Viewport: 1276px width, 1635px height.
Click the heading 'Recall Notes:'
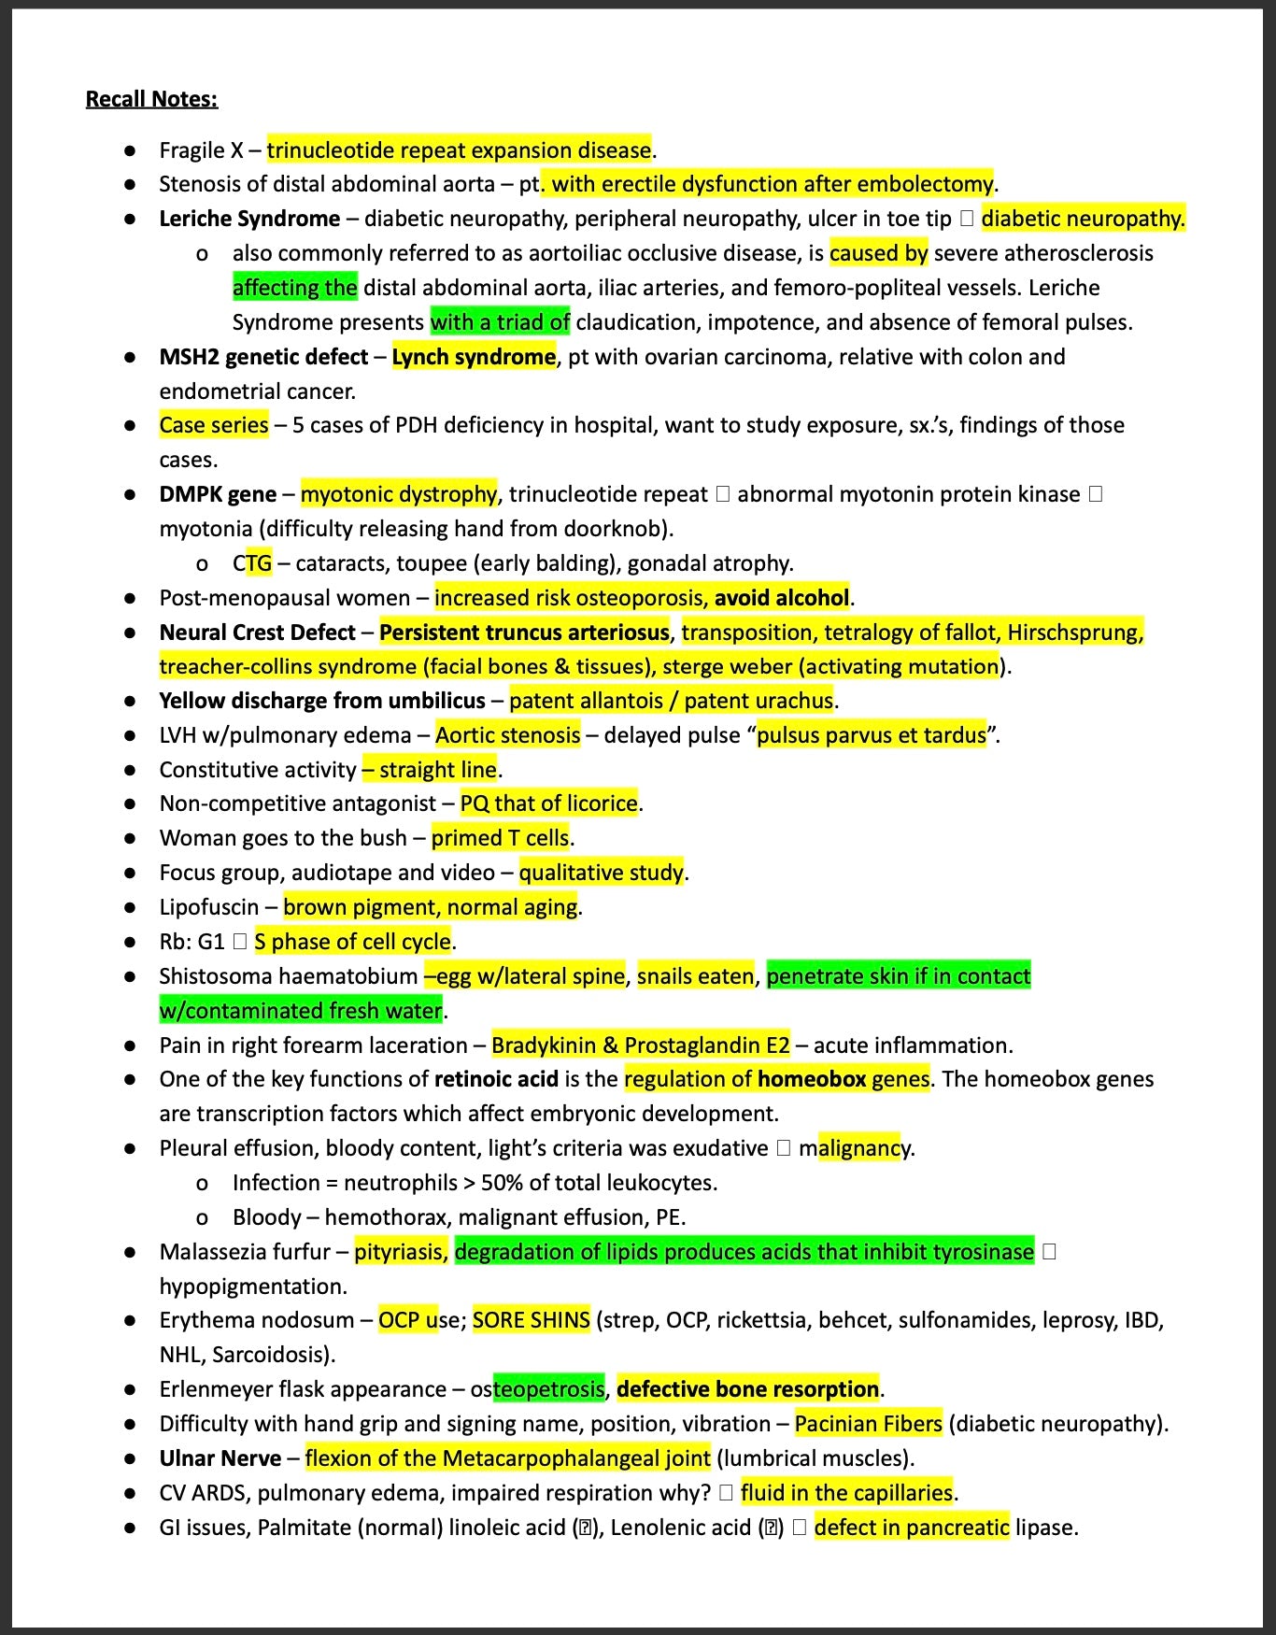pyautogui.click(x=151, y=99)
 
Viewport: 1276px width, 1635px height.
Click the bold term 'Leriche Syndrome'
pyautogui.click(x=249, y=219)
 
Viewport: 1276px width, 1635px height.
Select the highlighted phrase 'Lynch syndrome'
pyautogui.click(x=474, y=357)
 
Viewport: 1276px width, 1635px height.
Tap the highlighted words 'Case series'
pyautogui.click(x=214, y=425)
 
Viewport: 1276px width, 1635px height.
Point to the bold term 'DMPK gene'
pyautogui.click(x=218, y=494)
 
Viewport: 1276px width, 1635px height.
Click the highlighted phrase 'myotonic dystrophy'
pyautogui.click(x=399, y=494)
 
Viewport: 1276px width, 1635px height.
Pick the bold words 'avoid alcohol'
pyautogui.click(x=782, y=598)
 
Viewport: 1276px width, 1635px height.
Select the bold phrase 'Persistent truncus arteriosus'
pyautogui.click(x=524, y=633)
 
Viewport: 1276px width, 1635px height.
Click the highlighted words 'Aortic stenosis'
pyautogui.click(x=508, y=735)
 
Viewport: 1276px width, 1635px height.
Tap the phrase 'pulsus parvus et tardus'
pyautogui.click(x=872, y=735)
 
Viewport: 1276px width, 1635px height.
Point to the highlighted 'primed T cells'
pyautogui.click(x=500, y=838)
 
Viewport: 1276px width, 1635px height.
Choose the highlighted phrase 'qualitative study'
pyautogui.click(x=601, y=873)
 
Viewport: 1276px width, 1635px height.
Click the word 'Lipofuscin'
pyautogui.click(x=209, y=907)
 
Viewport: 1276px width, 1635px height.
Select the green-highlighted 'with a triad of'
pyautogui.click(x=500, y=322)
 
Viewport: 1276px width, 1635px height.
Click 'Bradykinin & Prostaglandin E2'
pyautogui.click(x=641, y=1045)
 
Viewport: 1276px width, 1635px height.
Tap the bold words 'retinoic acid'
pyautogui.click(x=496, y=1079)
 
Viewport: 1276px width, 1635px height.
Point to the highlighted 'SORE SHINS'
pyautogui.click(x=532, y=1320)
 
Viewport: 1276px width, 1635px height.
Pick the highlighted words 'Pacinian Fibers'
pyautogui.click(x=869, y=1424)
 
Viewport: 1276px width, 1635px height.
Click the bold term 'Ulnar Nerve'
pyautogui.click(x=220, y=1458)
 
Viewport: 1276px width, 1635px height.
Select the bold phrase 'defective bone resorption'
pyautogui.click(x=747, y=1389)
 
